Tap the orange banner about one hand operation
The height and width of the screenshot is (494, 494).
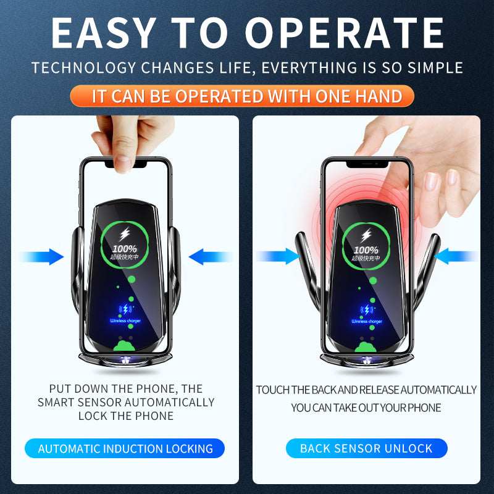[x=241, y=96]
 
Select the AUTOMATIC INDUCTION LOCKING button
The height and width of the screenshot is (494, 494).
[x=125, y=449]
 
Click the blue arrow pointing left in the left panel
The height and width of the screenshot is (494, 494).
[x=209, y=256]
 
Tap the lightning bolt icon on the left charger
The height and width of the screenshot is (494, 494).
[x=125, y=234]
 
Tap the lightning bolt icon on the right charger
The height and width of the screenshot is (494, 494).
[x=367, y=235]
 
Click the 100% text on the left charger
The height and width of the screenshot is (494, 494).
[x=125, y=249]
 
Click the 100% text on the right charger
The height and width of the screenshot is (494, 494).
[x=367, y=249]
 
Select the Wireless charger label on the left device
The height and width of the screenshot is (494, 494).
[x=125, y=320]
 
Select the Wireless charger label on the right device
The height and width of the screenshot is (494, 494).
[x=367, y=321]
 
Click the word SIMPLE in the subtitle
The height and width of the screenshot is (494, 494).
[x=432, y=67]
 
